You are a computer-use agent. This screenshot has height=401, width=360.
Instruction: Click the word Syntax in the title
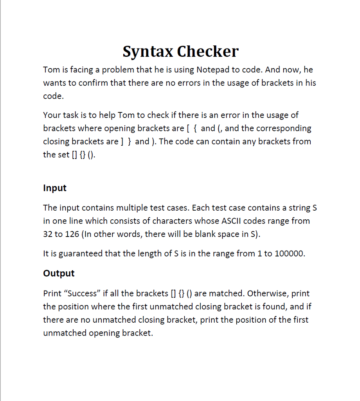(148, 52)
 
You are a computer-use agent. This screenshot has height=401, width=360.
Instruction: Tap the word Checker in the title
(208, 51)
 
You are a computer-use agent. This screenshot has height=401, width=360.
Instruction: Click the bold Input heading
(55, 188)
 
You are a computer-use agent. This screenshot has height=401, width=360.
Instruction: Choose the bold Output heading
(59, 273)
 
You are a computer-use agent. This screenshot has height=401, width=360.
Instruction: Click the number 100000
(289, 254)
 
